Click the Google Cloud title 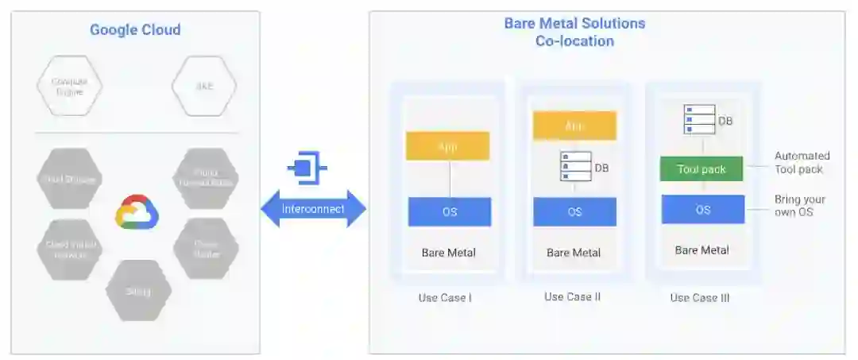pos(135,30)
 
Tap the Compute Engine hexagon pos(69,87)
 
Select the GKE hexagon pos(204,86)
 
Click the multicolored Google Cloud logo pos(137,212)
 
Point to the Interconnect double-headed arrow pos(314,209)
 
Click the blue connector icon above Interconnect pos(307,168)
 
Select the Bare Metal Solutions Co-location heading pos(574,32)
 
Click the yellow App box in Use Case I pos(447,146)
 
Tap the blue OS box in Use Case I pos(450,212)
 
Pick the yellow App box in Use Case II pos(574,126)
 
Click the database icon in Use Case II pos(576,167)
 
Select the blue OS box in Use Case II pos(574,212)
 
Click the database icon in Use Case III pos(699,119)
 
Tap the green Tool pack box pos(701,169)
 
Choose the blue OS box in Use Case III pos(703,210)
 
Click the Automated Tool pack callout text pos(802,162)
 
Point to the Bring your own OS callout pos(799,206)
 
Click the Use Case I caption pos(445,298)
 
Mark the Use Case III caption pos(699,298)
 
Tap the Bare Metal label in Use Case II pos(574,253)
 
